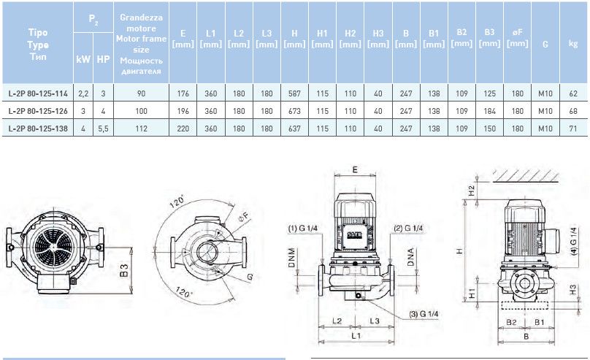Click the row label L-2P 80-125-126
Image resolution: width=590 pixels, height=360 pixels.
(38, 110)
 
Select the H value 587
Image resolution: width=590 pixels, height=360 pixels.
(294, 93)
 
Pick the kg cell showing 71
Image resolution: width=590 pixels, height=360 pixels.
(572, 128)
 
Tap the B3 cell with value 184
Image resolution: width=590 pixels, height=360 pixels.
(489, 110)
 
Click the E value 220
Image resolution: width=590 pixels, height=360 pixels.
(183, 128)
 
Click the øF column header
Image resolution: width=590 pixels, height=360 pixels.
(517, 39)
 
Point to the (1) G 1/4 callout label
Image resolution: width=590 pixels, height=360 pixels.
(302, 229)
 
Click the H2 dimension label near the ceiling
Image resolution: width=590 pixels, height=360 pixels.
(470, 191)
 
